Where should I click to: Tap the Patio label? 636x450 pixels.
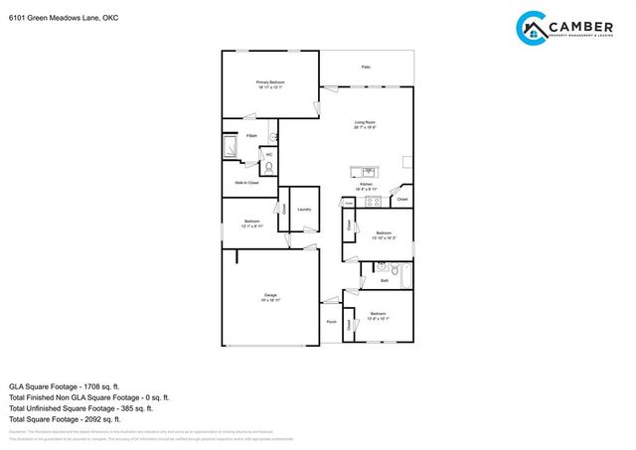pyautogui.click(x=366, y=67)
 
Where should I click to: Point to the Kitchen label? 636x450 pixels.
pyautogui.click(x=366, y=185)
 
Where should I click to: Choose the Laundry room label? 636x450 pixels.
pyautogui.click(x=304, y=210)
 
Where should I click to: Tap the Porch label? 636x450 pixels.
pyautogui.click(x=331, y=322)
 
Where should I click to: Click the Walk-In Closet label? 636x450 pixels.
pyautogui.click(x=246, y=183)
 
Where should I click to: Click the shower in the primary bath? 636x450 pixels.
pyautogui.click(x=230, y=149)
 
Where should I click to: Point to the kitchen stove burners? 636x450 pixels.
pyautogui.click(x=373, y=202)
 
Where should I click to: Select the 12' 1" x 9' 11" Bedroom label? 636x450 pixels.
pyautogui.click(x=253, y=224)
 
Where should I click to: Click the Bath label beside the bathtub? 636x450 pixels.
pyautogui.click(x=384, y=281)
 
